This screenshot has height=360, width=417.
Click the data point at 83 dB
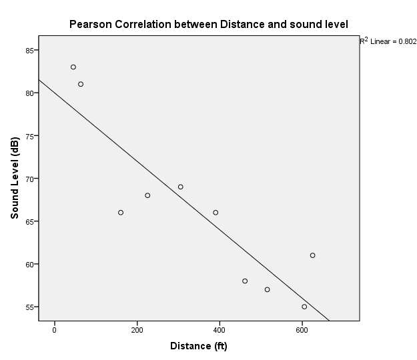(x=73, y=67)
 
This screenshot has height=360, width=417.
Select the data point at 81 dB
(x=81, y=84)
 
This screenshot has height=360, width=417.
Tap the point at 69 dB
(x=180, y=187)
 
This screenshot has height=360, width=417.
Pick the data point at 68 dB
(x=147, y=195)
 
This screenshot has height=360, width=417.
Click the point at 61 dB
(x=312, y=255)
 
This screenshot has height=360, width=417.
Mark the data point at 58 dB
(x=245, y=281)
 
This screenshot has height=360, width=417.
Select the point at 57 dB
(x=267, y=289)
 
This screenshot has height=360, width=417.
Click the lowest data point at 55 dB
(x=304, y=307)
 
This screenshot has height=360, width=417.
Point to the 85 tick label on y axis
(x=30, y=50)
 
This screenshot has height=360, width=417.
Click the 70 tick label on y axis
(x=30, y=179)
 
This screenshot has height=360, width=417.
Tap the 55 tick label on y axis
(x=30, y=307)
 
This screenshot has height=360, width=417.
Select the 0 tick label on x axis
(x=55, y=330)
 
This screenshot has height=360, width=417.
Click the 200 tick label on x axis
(x=137, y=330)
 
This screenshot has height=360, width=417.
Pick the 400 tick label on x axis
(x=220, y=330)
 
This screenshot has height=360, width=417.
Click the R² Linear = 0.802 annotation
(x=388, y=41)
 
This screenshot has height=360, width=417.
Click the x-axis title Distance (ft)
(x=199, y=346)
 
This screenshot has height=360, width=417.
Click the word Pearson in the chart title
(x=91, y=25)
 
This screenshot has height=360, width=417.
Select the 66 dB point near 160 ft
(x=121, y=212)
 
